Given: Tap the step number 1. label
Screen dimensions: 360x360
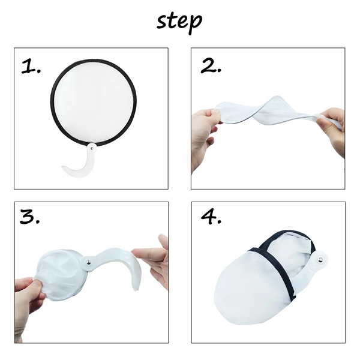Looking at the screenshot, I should pos(31,67).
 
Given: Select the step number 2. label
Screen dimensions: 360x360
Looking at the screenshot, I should pos(211,66).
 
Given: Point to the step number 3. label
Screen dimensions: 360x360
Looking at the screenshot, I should pos(31,218).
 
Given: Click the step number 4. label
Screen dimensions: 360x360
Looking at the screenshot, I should pos(211,218).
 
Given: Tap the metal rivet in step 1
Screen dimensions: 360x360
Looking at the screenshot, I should pos(92,146).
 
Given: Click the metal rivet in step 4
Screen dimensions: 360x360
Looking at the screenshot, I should pos(320,259).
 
